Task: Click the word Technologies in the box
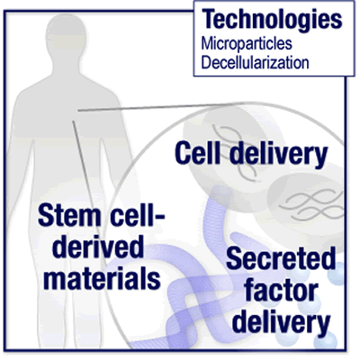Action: pos(272,20)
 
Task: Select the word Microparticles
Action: pos(247,44)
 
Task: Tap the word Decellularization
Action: pos(255,63)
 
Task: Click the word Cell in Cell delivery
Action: pos(197,153)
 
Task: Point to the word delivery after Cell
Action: pos(278,156)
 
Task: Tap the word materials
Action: pos(102,279)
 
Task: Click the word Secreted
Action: pos(281,258)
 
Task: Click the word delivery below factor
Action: pos(281,324)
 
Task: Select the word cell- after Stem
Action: pos(138,215)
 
